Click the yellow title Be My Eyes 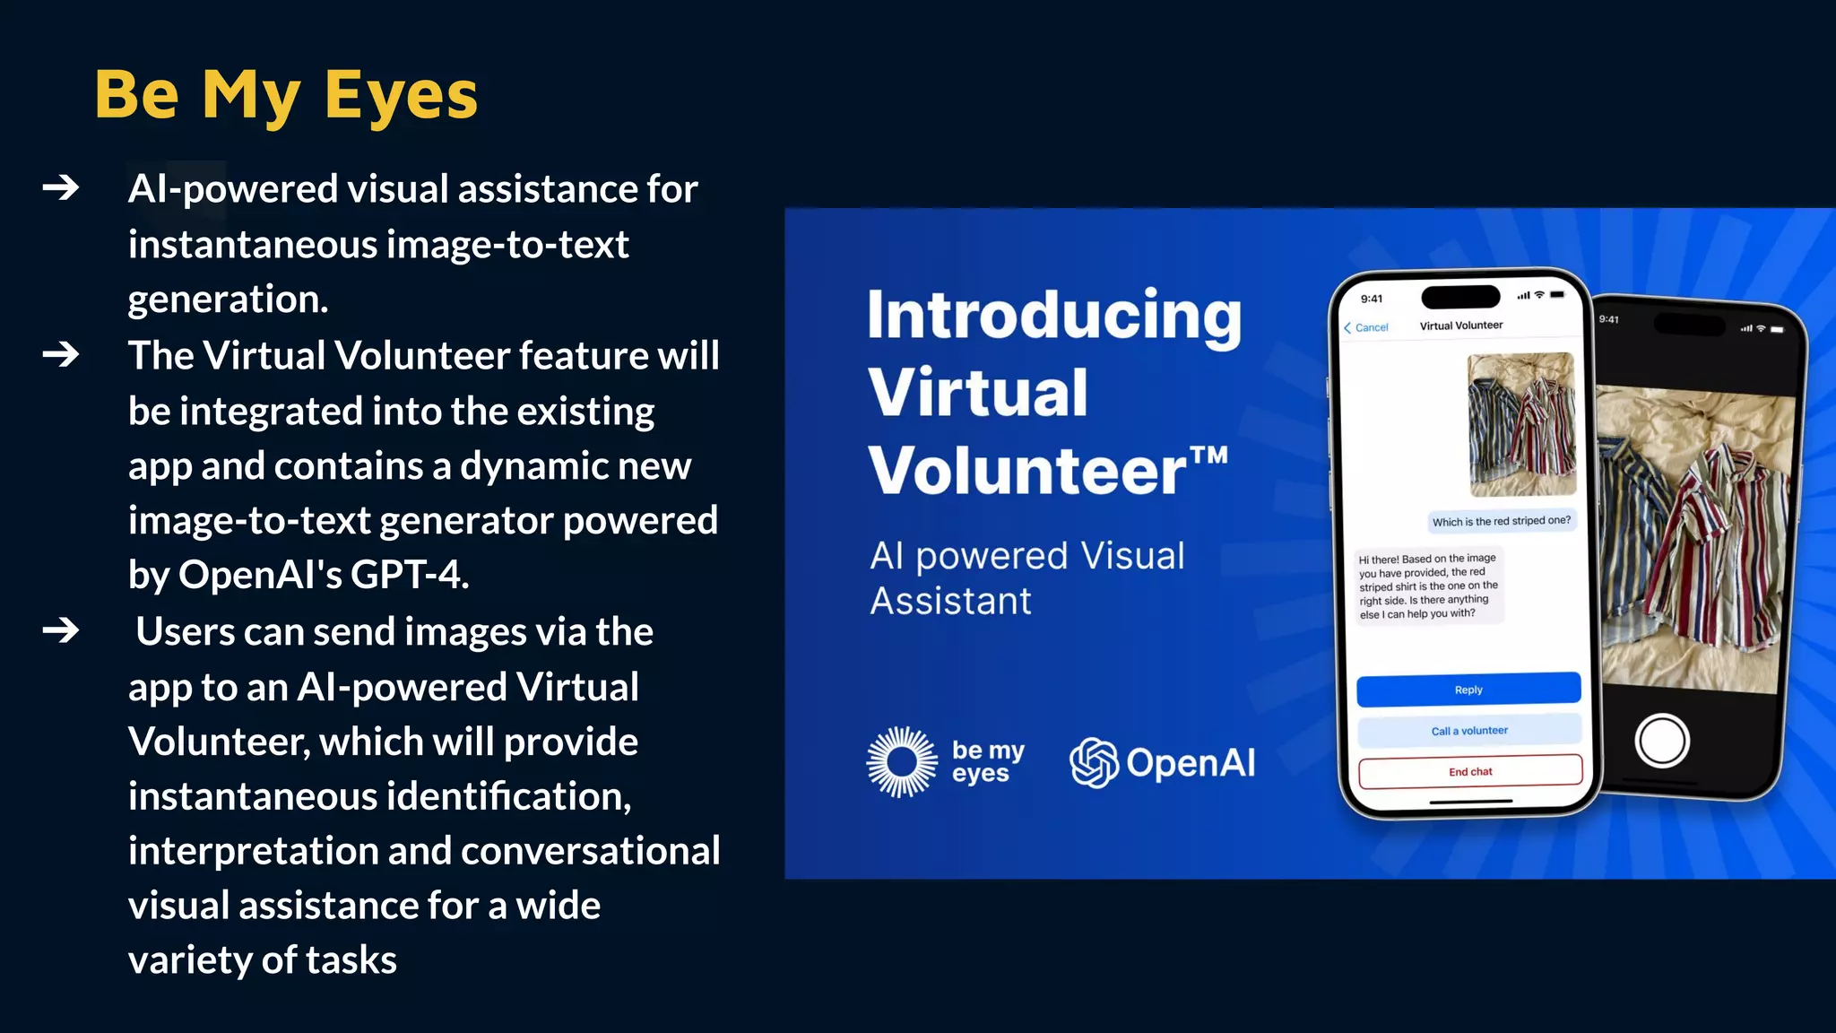[286, 95]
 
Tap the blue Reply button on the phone [1468, 690]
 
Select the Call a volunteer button [1469, 731]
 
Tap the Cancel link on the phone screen [1366, 327]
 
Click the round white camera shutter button [1661, 742]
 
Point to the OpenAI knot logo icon [1094, 763]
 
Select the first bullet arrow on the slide [61, 187]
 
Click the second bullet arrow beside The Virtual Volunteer [61, 355]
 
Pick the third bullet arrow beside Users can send [61, 630]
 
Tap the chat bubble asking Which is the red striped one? [1501, 521]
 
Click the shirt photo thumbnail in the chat [1521, 424]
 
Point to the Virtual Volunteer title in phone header [1461, 326]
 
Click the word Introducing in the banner [1054, 316]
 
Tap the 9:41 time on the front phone [1372, 299]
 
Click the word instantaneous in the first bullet [252, 245]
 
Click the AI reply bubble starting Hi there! [1428, 586]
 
